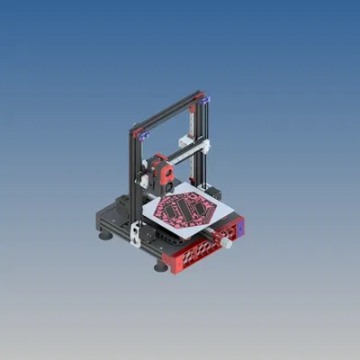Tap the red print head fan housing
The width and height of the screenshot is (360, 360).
[164, 169]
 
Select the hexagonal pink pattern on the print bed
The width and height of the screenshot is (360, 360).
[184, 209]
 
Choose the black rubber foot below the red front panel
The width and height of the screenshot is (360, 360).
[160, 266]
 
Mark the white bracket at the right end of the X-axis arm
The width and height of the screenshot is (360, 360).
[205, 145]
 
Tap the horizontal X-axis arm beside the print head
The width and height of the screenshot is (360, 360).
[184, 154]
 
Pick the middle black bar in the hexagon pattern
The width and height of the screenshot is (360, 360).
[185, 209]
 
